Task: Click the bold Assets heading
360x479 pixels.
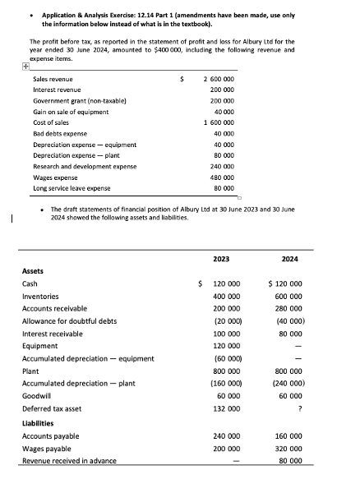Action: tap(34, 269)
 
